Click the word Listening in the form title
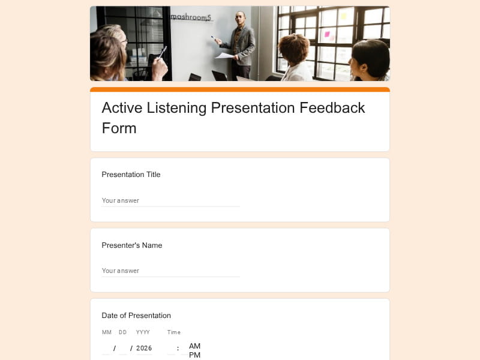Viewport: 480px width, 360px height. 176,109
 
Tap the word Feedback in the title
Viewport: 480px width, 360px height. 332,108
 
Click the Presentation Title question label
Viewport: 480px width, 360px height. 131,175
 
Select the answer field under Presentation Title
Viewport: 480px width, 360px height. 171,201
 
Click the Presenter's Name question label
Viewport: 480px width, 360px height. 132,245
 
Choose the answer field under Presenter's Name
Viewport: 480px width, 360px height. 171,271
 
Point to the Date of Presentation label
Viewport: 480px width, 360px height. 136,316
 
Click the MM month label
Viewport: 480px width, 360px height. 107,332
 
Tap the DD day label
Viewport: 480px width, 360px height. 123,332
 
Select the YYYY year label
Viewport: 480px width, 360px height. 143,332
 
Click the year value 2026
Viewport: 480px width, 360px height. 144,348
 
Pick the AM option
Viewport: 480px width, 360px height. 194,346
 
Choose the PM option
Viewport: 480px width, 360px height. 194,355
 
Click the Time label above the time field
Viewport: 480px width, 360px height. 174,332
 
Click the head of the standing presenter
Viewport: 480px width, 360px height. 241,19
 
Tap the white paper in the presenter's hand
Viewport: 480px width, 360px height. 224,55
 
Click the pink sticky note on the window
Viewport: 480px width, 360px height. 327,34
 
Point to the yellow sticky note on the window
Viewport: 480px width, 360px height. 343,16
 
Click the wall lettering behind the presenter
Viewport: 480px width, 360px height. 191,17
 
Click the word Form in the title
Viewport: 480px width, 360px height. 119,128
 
